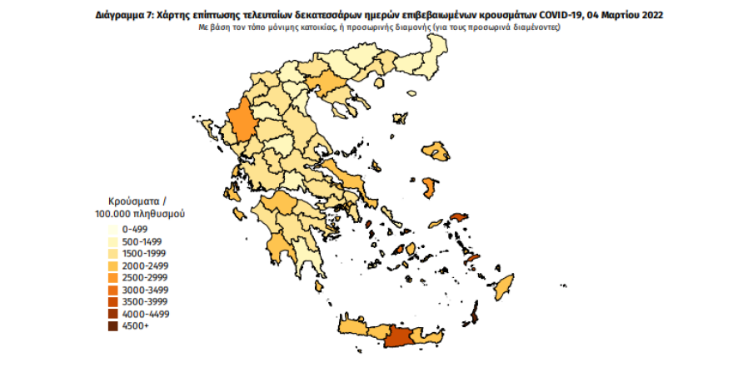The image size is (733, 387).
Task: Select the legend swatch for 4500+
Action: click(112, 327)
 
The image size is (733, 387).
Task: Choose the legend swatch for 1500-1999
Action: click(112, 252)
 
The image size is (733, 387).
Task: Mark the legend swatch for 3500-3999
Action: click(112, 302)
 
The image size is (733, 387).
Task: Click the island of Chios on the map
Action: click(431, 186)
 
